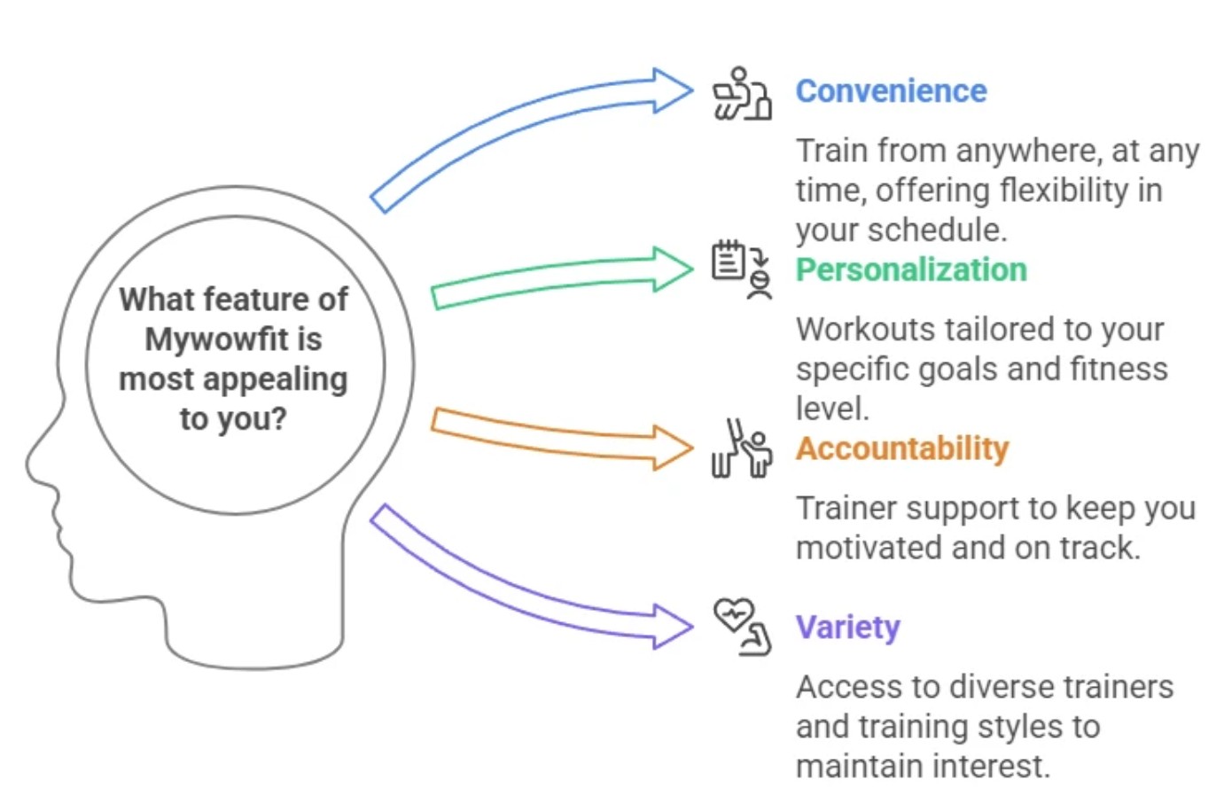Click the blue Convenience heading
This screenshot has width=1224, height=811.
pyautogui.click(x=891, y=91)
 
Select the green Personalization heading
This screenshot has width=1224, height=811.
pyautogui.click(x=911, y=269)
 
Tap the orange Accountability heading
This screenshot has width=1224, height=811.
pyautogui.click(x=902, y=448)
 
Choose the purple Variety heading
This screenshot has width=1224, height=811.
pyautogui.click(x=847, y=628)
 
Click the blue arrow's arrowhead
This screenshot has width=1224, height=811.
pyautogui.click(x=673, y=90)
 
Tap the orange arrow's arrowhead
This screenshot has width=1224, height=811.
pyautogui.click(x=673, y=448)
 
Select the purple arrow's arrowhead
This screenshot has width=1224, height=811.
pyautogui.click(x=673, y=627)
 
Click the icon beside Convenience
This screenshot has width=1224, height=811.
pyautogui.click(x=742, y=93)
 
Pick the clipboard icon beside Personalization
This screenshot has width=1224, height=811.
pyautogui.click(x=729, y=261)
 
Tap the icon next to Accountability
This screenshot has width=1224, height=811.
pyautogui.click(x=742, y=449)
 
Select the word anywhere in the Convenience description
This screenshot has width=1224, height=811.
pyautogui.click(x=1028, y=151)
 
